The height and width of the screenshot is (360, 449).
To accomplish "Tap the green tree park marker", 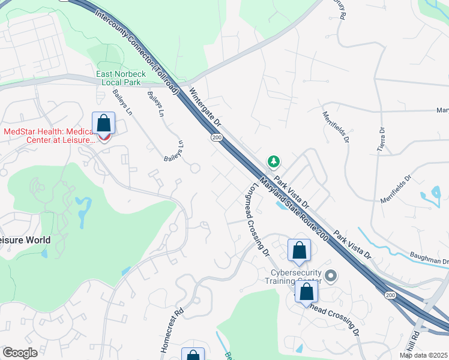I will pos(274,161).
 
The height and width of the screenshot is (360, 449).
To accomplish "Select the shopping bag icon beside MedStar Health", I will pos(104,124).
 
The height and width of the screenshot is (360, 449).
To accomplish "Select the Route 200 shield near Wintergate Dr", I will pos(215,137).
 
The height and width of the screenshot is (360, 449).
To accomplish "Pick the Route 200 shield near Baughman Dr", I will pos(390,295).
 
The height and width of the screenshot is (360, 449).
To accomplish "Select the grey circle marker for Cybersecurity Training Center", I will pos(330,276).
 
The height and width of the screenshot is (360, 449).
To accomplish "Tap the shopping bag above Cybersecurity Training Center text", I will pos(299,250).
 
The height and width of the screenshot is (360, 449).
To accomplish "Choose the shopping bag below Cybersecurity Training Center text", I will pos(307,292).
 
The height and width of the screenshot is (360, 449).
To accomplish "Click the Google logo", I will pos(20,353).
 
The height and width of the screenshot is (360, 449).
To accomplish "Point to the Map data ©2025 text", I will pos(423,355).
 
